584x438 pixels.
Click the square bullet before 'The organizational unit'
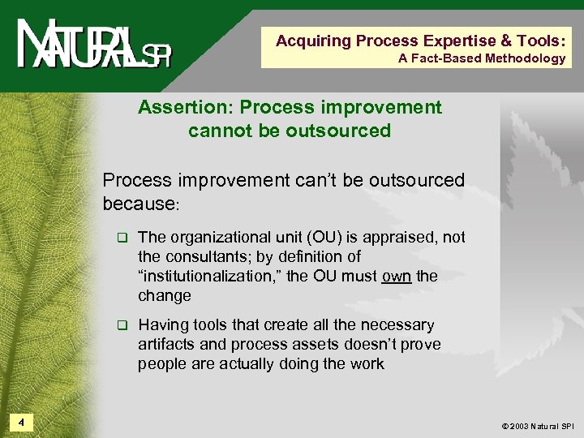122,238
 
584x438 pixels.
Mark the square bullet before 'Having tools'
122,326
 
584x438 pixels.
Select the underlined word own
396,277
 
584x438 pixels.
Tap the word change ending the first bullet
165,296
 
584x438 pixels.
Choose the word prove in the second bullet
422,345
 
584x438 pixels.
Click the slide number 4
21,422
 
